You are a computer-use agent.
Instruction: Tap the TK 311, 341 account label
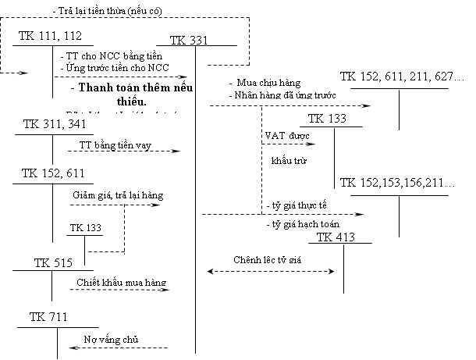[x=54, y=125]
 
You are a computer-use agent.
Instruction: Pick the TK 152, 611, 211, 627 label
[x=403, y=77]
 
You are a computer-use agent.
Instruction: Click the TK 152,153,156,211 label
[x=398, y=182]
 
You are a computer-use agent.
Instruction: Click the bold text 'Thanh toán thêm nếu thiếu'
[x=130, y=94]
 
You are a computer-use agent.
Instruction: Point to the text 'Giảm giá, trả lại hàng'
[x=114, y=194]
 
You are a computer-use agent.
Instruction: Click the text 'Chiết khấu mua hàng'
[x=121, y=282]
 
